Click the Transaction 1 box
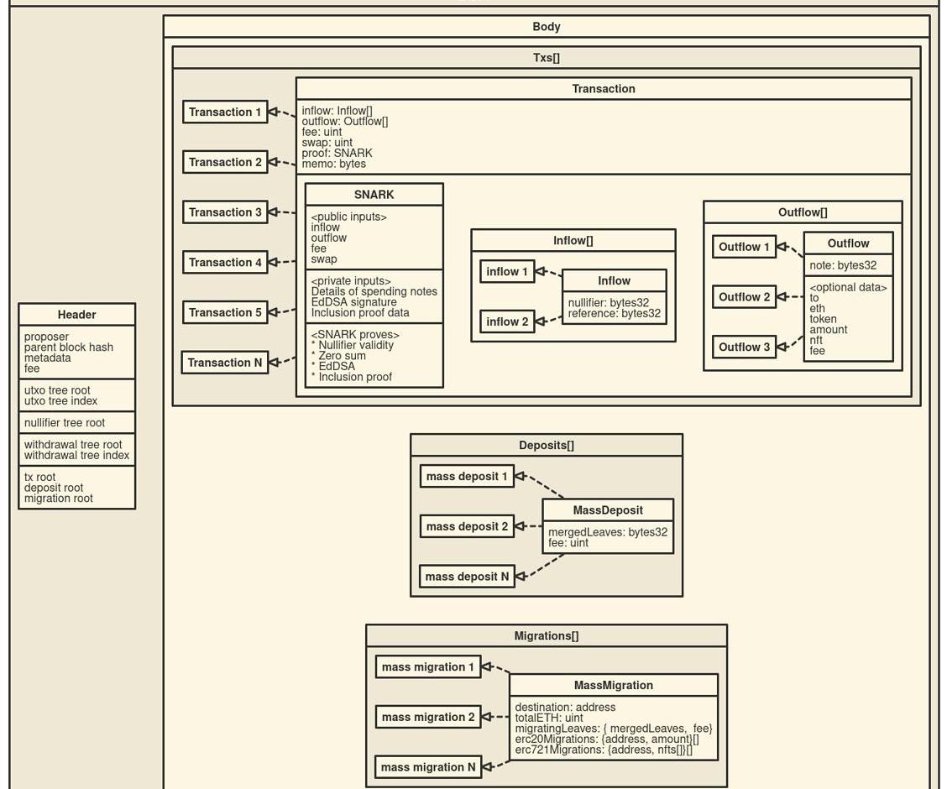(225, 112)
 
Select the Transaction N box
(225, 363)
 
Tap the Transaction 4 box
(225, 263)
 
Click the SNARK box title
(374, 195)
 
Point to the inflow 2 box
(507, 321)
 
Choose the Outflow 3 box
(744, 347)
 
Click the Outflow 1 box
(744, 247)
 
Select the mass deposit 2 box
(467, 526)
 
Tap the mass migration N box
(428, 767)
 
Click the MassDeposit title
(608, 510)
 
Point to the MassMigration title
(614, 685)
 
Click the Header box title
(76, 315)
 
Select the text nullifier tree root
(65, 422)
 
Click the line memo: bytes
(334, 164)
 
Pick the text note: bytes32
(843, 265)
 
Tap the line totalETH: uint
(549, 718)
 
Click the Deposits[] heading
(547, 446)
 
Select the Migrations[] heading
(547, 635)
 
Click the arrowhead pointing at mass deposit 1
(520, 476)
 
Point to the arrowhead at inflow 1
(541, 272)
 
